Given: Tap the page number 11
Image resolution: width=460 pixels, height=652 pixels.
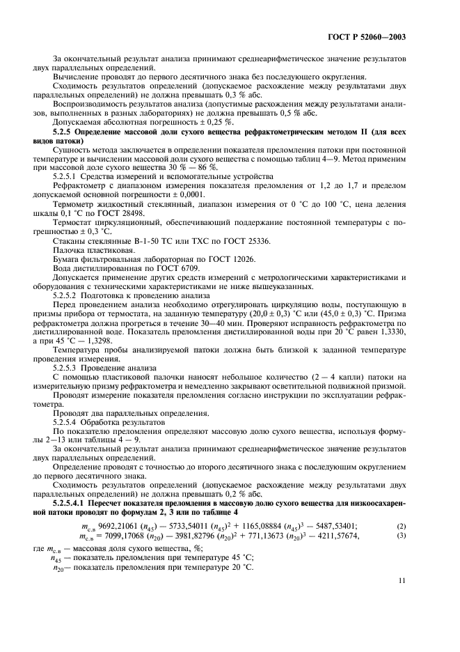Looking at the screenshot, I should pos(402,598).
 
